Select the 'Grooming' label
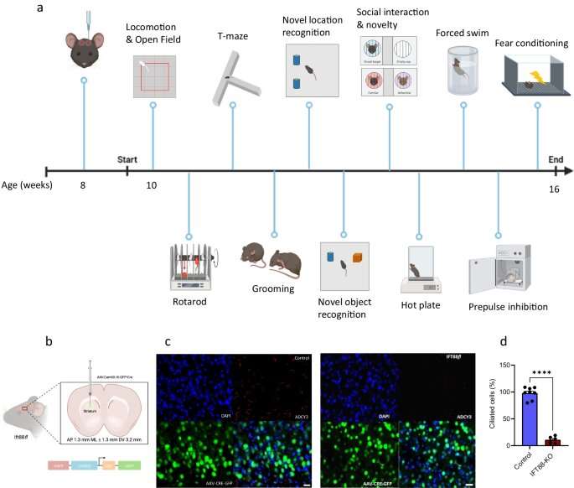click(x=273, y=288)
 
